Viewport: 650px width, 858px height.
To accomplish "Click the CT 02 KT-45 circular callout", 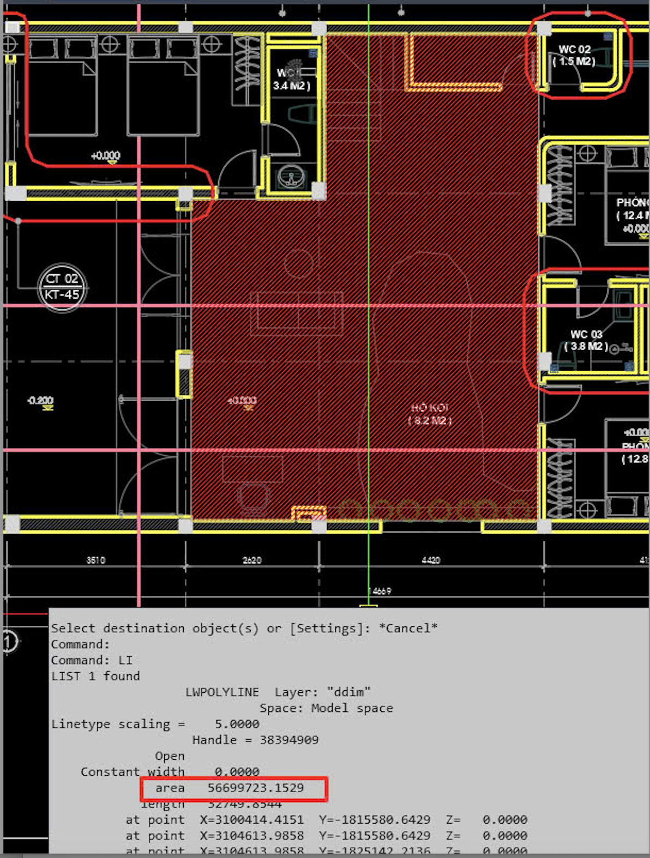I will (x=62, y=287).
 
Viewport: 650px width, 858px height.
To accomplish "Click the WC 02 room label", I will (x=574, y=50).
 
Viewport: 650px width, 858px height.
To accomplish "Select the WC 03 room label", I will (x=586, y=334).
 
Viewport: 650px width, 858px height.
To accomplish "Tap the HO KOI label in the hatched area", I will (x=430, y=408).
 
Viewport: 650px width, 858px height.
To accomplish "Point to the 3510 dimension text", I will (x=95, y=560).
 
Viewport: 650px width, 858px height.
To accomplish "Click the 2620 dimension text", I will (x=252, y=560).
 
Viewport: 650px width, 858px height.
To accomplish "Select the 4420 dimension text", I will (x=431, y=560).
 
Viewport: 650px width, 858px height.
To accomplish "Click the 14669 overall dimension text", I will (x=380, y=591).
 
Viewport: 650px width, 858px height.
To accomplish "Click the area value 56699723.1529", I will (x=255, y=788).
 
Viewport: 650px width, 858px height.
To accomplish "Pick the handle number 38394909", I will (x=289, y=740).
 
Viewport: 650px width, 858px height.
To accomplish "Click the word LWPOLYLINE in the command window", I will (x=222, y=692).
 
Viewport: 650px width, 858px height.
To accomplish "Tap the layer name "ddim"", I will (x=349, y=692).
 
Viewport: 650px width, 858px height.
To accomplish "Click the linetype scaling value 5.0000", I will (x=237, y=724).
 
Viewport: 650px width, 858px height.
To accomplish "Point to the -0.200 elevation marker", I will (x=40, y=401).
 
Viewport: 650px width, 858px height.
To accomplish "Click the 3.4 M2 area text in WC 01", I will (x=291, y=86).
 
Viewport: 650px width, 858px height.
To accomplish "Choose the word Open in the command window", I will (x=170, y=756).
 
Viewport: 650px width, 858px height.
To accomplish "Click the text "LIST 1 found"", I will (x=95, y=676).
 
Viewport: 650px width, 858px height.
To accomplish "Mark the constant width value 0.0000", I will (x=237, y=772).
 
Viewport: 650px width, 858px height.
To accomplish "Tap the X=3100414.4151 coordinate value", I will (x=251, y=820).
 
